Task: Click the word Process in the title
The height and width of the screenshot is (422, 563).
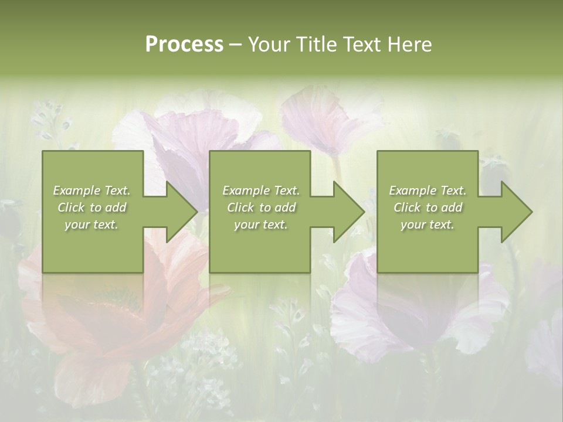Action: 184,45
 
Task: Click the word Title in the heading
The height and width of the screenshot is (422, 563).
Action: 317,45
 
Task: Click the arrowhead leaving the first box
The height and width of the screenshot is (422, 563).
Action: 182,212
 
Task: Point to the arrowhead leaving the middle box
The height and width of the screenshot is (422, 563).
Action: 349,212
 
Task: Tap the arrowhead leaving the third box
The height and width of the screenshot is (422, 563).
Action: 517,212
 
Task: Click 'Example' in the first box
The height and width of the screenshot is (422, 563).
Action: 76,190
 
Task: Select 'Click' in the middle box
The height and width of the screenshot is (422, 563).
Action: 240,207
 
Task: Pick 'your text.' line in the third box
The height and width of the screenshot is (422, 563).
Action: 427,224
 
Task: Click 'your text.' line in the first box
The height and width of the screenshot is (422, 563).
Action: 91,224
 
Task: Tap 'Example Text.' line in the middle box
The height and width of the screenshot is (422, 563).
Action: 260,190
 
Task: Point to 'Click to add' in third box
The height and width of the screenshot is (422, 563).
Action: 428,207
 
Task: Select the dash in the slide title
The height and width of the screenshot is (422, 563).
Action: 235,45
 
